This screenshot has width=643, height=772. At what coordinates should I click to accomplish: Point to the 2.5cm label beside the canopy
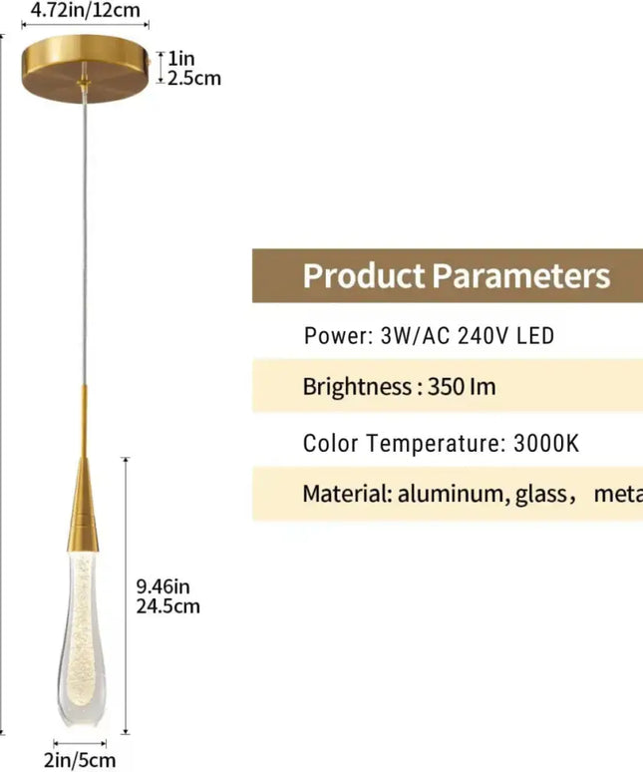point(193,78)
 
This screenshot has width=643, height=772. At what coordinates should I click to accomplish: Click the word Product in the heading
point(363,275)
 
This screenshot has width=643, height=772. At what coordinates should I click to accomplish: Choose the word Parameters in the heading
point(520,275)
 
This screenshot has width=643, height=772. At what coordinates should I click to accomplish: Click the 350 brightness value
point(446,387)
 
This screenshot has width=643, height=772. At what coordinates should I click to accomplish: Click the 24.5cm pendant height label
point(166,605)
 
